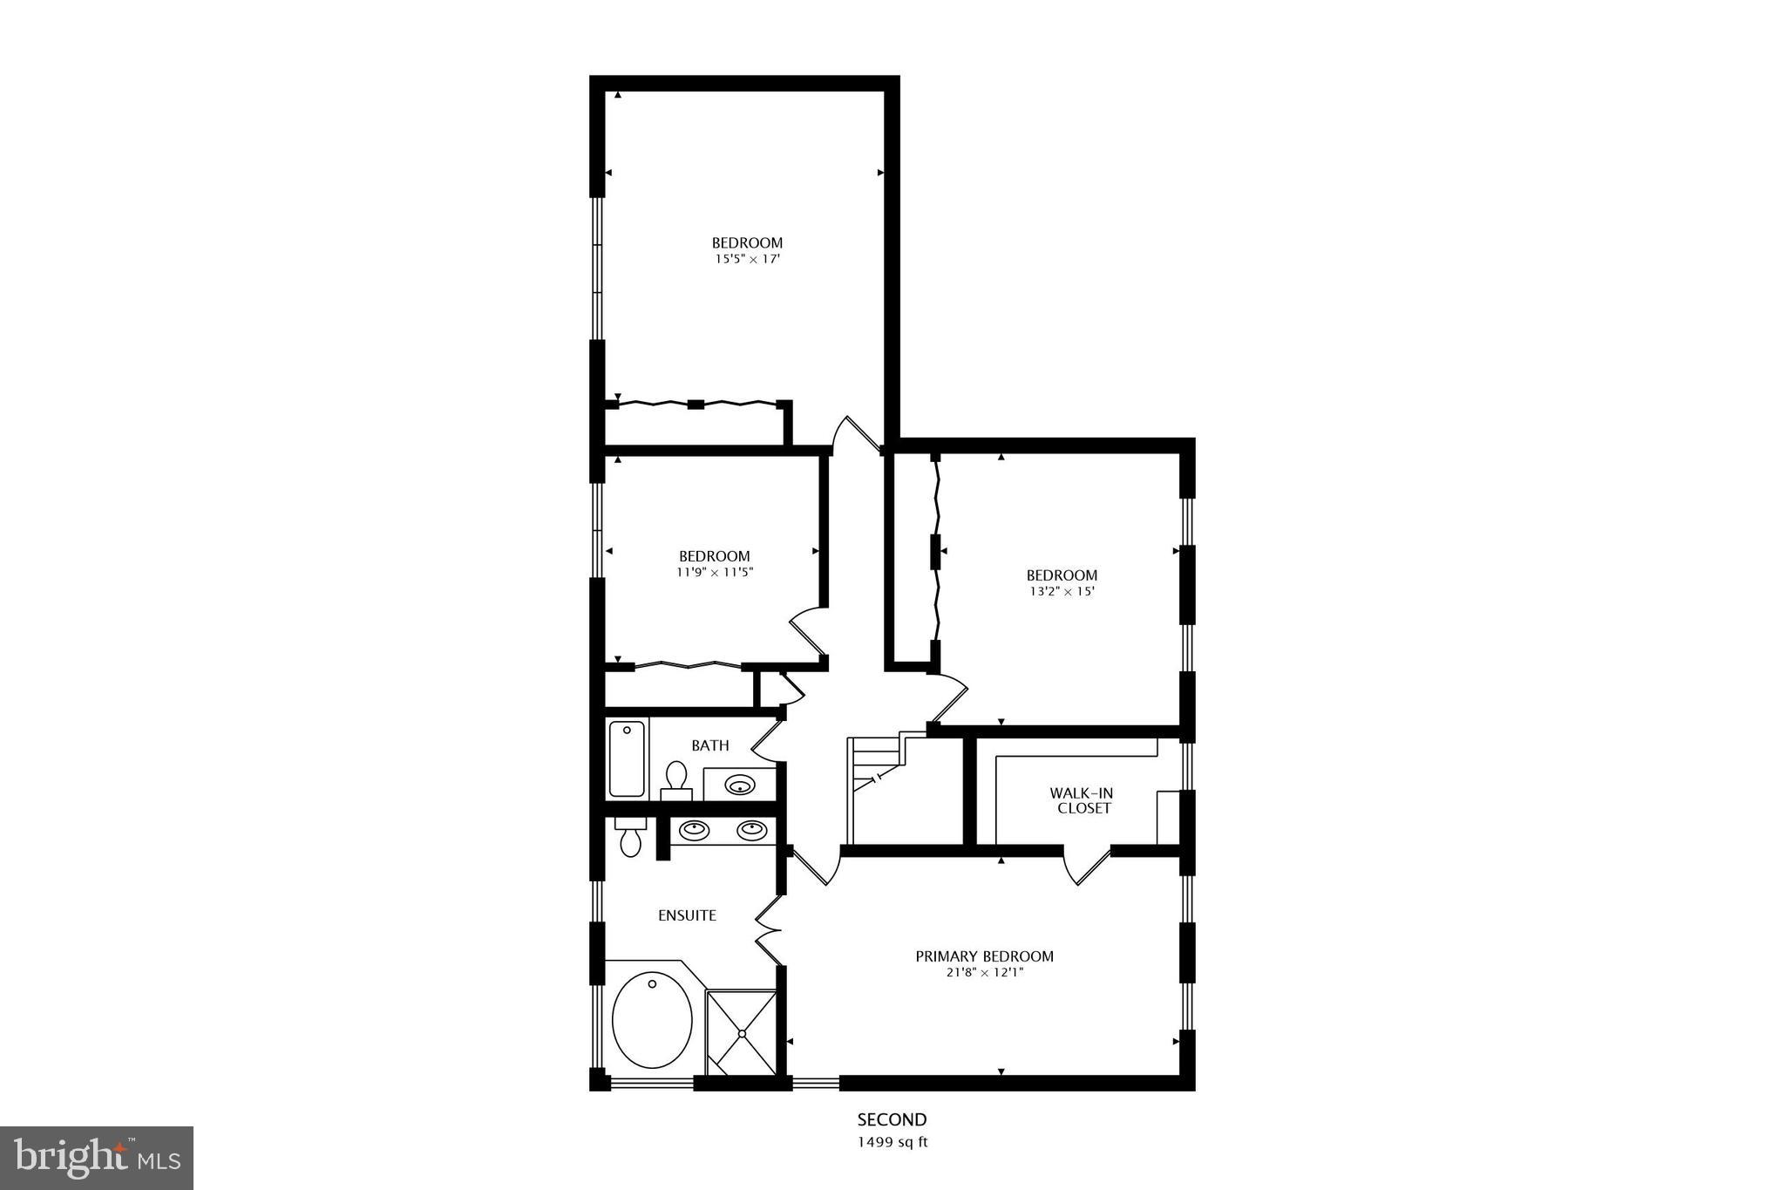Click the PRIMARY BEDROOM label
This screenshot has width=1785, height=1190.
pos(984,956)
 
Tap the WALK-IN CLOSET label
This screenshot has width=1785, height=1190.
pos(1081,800)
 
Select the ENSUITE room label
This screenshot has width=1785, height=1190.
pos(687,915)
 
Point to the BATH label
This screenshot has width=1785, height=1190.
pos(710,745)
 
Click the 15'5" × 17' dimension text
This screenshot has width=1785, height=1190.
pos(747,259)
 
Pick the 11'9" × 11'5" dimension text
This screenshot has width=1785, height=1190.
pos(715,573)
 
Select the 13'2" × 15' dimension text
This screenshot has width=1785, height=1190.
pos(1062,591)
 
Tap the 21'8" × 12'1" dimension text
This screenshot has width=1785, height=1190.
pos(984,973)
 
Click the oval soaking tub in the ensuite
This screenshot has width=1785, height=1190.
pos(652,1020)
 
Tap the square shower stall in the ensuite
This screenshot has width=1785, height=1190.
pos(741,1032)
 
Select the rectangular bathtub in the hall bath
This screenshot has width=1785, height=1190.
pos(628,758)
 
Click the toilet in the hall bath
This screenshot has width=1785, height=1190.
pos(676,778)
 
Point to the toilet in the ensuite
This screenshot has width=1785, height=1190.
pos(630,836)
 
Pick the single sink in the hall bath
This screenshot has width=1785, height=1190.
pos(740,784)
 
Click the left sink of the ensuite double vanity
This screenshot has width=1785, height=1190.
pos(695,831)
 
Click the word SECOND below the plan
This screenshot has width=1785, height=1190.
pos(892,1119)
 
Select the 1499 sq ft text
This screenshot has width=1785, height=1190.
pos(892,1142)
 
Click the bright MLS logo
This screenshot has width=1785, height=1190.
pos(97,1158)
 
